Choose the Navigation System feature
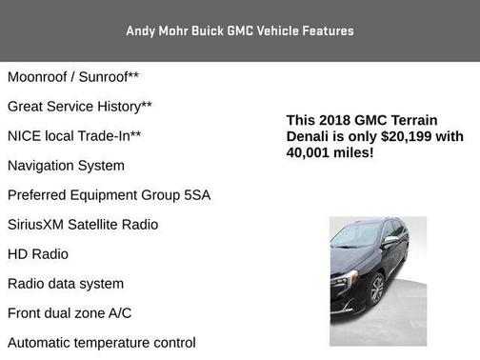(x=66, y=165)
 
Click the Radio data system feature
(x=66, y=284)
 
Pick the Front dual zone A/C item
(x=70, y=313)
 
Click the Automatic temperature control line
(x=102, y=343)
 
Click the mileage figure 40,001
(x=310, y=152)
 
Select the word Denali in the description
(x=310, y=136)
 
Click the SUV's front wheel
(x=377, y=290)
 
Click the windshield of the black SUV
(x=356, y=234)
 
